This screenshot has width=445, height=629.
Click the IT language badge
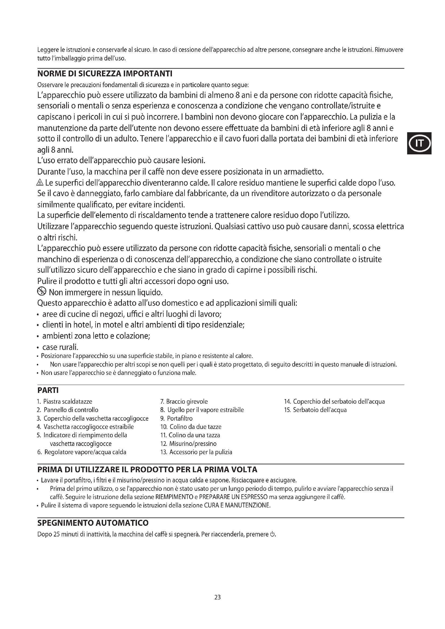click(x=419, y=143)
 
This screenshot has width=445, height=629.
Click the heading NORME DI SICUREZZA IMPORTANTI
click(x=105, y=74)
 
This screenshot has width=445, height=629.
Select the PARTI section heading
click(x=48, y=390)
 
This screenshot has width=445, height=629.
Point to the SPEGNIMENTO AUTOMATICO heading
click(x=93, y=523)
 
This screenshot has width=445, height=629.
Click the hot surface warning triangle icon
click(x=40, y=182)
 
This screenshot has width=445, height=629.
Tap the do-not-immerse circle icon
click(x=41, y=292)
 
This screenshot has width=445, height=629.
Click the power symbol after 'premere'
click(x=272, y=534)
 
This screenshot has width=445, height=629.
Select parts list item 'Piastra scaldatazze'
click(x=68, y=401)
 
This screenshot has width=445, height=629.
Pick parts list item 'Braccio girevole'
click(x=187, y=401)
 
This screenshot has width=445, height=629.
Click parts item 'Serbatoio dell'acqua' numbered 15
click(x=320, y=410)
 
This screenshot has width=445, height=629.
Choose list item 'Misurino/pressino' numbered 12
click(x=193, y=444)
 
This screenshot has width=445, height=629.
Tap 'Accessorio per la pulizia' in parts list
click(x=201, y=452)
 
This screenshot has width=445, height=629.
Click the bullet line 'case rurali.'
click(x=60, y=347)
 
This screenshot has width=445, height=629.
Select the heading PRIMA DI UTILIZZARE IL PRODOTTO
click(x=147, y=470)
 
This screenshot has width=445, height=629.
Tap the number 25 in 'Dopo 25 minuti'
click(x=57, y=535)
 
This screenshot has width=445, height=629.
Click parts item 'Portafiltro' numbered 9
click(x=180, y=419)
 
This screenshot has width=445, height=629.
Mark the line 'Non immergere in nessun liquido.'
click(x=106, y=293)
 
